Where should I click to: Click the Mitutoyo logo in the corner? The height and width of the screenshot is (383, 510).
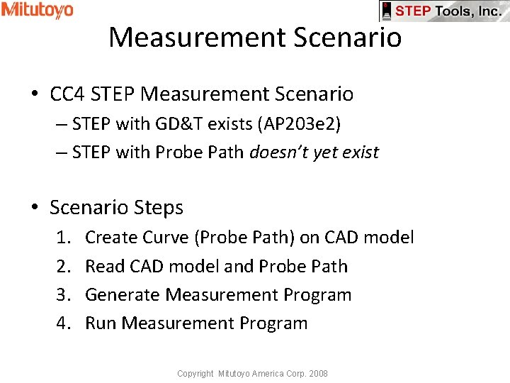(37, 10)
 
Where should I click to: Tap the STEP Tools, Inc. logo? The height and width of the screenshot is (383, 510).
(444, 11)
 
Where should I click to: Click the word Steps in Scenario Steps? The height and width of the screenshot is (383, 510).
(159, 208)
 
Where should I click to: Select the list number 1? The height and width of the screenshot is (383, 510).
(64, 238)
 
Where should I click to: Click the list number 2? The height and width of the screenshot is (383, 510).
(64, 266)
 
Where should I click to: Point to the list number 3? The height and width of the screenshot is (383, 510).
(64, 294)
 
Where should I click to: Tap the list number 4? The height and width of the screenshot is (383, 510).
(64, 323)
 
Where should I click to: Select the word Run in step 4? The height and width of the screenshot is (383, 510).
(101, 323)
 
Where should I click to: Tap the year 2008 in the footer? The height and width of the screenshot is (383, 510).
(318, 373)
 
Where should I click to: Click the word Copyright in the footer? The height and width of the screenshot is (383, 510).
(195, 373)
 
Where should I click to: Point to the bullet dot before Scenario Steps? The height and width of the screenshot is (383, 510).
(35, 209)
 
